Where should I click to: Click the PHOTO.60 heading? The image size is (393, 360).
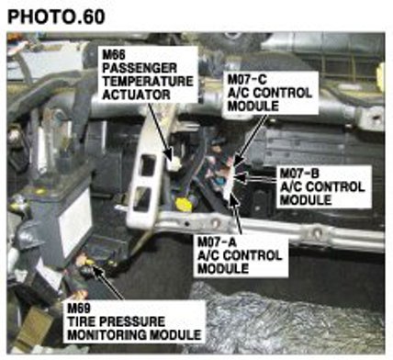point(56,17)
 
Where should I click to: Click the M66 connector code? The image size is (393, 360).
point(114,55)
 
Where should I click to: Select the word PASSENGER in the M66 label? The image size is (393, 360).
point(140,68)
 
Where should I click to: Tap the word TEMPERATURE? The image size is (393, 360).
point(148,82)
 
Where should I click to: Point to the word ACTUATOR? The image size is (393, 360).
point(136,95)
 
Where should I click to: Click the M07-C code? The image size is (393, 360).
point(247,79)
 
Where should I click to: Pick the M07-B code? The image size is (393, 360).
point(299,174)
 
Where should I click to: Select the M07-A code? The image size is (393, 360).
point(218,242)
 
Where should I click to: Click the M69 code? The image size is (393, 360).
point(79,308)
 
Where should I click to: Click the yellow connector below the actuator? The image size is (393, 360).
point(184,204)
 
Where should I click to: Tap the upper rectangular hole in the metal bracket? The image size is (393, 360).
point(148,165)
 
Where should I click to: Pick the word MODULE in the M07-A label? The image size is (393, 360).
point(223,269)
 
